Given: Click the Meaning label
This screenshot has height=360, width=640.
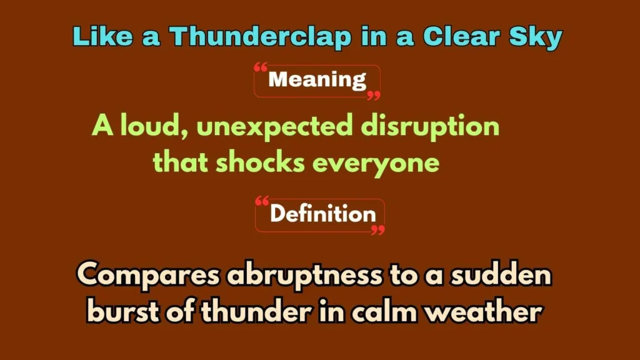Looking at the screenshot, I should click(x=317, y=80).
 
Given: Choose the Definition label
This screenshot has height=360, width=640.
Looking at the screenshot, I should click(x=322, y=214).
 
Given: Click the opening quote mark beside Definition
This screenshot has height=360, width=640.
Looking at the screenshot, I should click(x=263, y=202).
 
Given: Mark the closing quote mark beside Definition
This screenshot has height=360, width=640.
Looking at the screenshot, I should click(x=377, y=231).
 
